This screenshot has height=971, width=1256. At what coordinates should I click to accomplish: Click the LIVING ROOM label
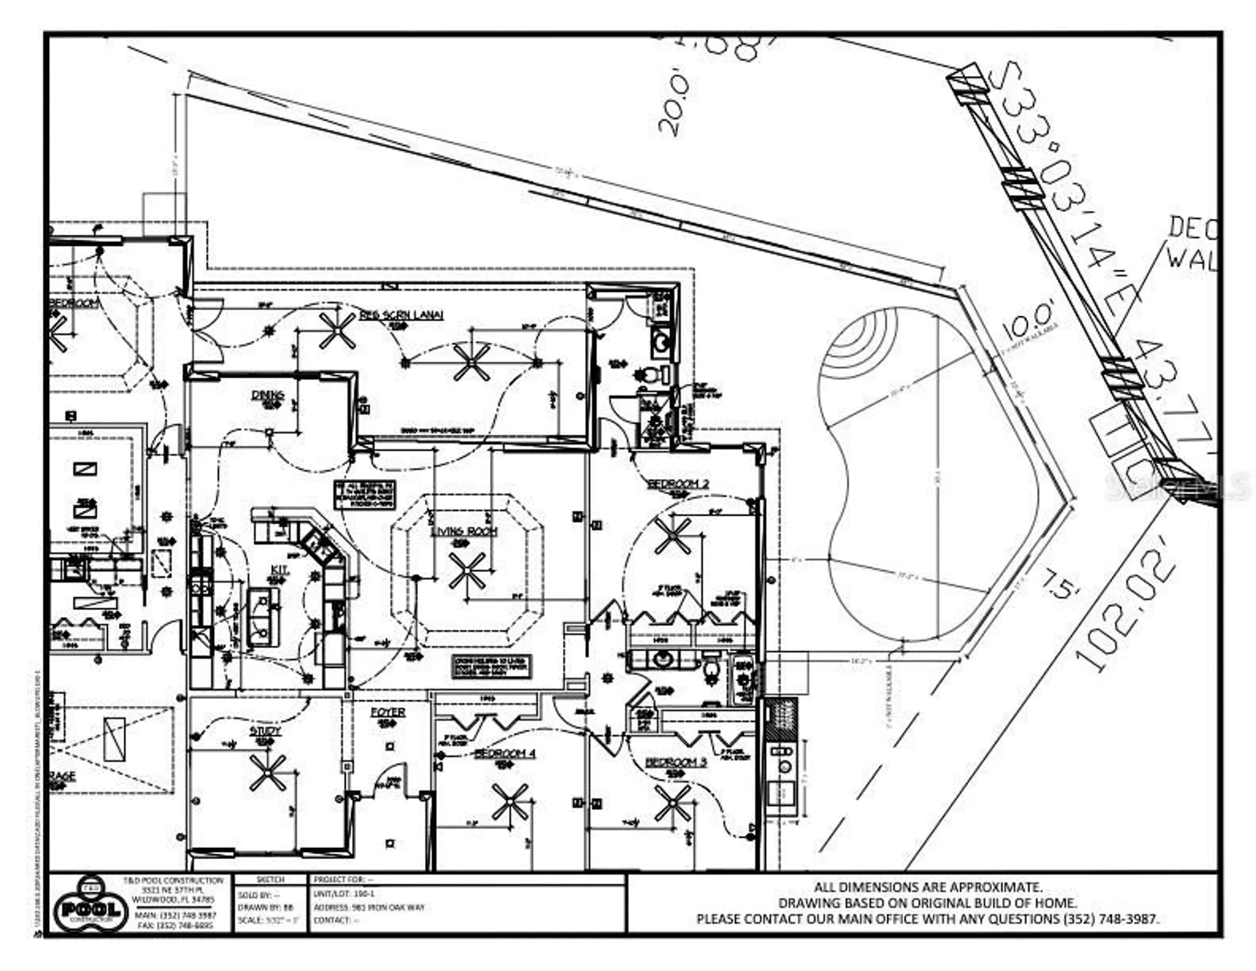click(x=463, y=531)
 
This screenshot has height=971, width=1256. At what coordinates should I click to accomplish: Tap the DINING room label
click(x=267, y=394)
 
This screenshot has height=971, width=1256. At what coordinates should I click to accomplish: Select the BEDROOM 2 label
click(x=678, y=484)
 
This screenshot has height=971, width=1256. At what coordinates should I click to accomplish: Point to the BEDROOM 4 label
click(x=504, y=753)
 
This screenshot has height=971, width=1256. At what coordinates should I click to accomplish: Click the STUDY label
click(x=265, y=731)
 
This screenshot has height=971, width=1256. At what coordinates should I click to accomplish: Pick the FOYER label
click(x=388, y=711)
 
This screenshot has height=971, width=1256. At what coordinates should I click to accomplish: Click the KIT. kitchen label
click(x=279, y=569)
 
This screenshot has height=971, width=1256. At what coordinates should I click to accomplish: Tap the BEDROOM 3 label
click(x=676, y=762)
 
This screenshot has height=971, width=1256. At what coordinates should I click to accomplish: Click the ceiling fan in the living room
click(x=467, y=570)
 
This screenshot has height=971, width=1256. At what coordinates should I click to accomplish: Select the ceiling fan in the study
click(x=267, y=772)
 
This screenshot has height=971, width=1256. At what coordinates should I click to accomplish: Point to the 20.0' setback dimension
click(x=673, y=104)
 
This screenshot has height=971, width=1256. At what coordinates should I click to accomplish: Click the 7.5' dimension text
click(x=1060, y=582)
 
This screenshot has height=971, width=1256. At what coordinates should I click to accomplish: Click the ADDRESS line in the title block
click(x=369, y=907)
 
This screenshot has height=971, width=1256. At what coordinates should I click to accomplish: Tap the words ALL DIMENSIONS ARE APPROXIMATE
click(x=927, y=887)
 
